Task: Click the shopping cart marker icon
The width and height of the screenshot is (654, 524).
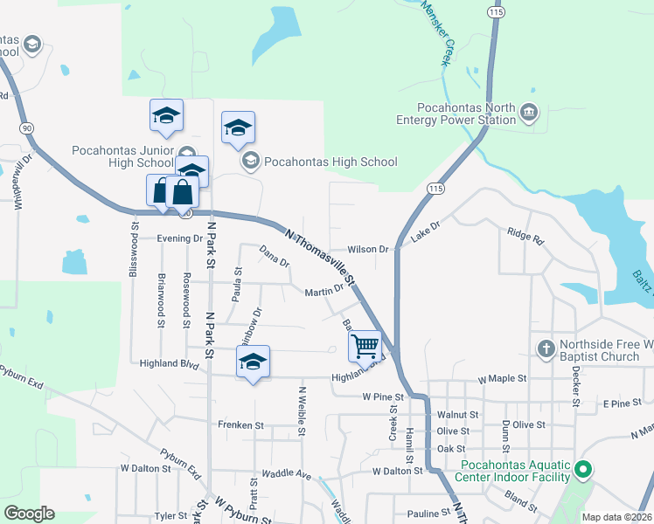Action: pos(365,346)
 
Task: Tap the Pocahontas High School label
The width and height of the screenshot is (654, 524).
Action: pos(330,162)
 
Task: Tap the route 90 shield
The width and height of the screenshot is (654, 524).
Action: pos(28,128)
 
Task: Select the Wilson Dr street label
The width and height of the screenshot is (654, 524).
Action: pos(367,250)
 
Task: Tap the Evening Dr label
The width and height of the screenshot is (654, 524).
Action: pos(179,238)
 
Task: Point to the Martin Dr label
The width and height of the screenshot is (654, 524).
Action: pos(324,292)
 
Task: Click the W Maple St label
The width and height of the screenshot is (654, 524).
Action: pos(502,379)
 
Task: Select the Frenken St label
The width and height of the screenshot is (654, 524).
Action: pos(241,425)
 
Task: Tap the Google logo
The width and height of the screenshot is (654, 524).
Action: pos(29,514)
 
